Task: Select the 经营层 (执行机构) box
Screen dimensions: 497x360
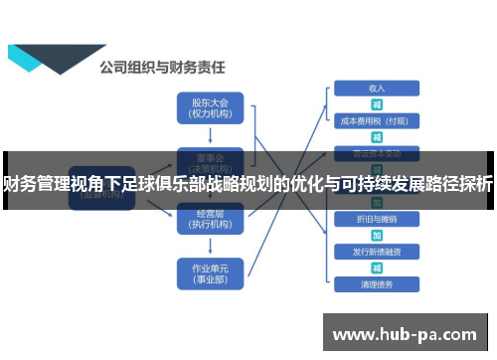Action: point(209,219)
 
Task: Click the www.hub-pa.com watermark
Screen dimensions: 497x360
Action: point(407,332)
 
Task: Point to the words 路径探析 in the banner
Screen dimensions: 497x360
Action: point(457,183)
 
